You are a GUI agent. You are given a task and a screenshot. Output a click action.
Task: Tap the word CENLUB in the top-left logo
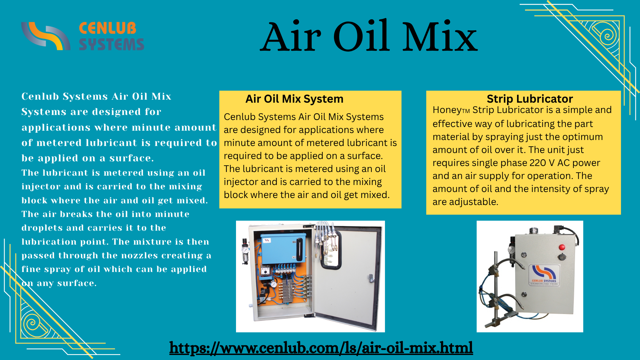tap(107, 28)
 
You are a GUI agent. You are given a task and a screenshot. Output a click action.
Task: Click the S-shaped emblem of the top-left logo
tap(46, 36)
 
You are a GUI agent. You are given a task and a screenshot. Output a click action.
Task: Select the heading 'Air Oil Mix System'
tap(294, 99)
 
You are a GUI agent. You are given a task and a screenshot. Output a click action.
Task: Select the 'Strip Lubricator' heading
tap(530, 99)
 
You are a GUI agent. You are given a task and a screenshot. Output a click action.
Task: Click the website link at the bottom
tap(321, 348)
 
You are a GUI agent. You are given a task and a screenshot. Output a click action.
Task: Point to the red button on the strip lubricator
tap(562, 247)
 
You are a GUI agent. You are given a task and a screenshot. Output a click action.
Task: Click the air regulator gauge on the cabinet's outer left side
tap(246, 250)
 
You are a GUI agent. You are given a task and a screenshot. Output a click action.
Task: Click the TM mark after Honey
tap(466, 111)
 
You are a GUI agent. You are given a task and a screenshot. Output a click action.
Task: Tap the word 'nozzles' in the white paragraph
tap(140, 255)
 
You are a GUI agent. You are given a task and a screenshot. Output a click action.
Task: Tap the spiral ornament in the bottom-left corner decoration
tap(32, 323)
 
